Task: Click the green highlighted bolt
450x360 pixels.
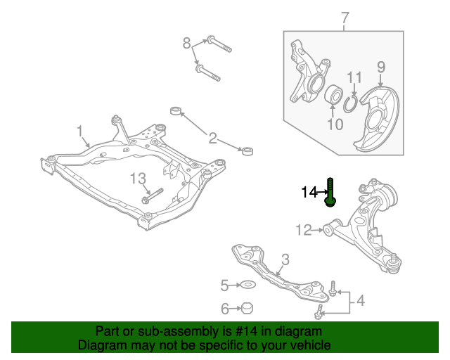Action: pos(330,193)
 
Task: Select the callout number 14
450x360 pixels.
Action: pos(309,192)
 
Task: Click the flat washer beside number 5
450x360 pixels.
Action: pos(247,285)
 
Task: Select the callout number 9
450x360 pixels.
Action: pos(380,68)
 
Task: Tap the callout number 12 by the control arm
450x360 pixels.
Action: pos(304,229)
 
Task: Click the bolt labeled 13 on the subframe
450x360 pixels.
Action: pos(152,197)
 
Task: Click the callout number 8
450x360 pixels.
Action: pos(186,44)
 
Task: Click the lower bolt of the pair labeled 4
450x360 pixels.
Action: pos(321,310)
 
